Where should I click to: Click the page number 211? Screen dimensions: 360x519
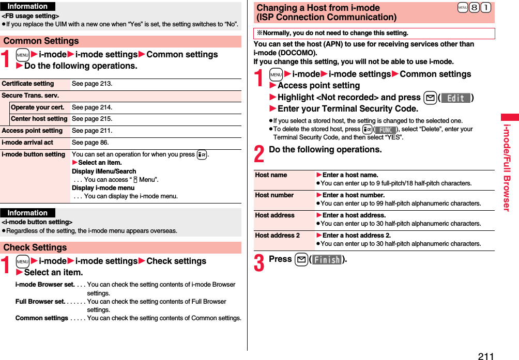(485, 356)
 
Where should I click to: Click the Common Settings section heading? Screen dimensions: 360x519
(41, 41)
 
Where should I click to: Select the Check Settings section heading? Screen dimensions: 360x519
(35, 247)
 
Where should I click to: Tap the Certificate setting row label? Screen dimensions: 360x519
(28, 84)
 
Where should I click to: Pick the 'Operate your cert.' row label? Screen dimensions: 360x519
(38, 107)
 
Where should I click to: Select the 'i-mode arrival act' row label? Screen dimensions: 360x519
(27, 143)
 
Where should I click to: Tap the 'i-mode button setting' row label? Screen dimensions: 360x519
(34, 154)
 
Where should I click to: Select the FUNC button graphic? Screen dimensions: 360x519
(385, 130)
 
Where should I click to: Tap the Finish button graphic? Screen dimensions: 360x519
(327, 260)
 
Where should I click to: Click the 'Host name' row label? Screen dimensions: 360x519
(271, 175)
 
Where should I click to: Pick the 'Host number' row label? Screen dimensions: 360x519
(274, 195)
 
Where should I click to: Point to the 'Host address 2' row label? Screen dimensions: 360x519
(277, 236)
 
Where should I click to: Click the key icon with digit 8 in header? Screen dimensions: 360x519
(473, 8)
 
